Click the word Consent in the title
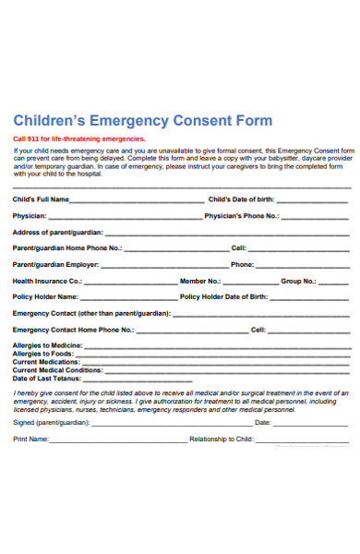pyautogui.click(x=207, y=120)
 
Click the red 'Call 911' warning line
pyautogui.click(x=78, y=138)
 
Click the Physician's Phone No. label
pyautogui.click(x=241, y=215)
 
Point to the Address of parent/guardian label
pyautogui.click(x=58, y=232)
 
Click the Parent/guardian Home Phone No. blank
pyautogui.click(x=175, y=249)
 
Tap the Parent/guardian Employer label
pyautogui.click(x=54, y=264)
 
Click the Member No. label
pyautogui.click(x=200, y=281)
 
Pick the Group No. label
pyautogui.click(x=299, y=281)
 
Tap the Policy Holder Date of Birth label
pyautogui.click(x=223, y=297)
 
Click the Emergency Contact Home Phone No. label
pyautogui.click(x=74, y=330)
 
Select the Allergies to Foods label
pyautogui.click(x=43, y=354)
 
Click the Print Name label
pyautogui.click(x=31, y=440)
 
